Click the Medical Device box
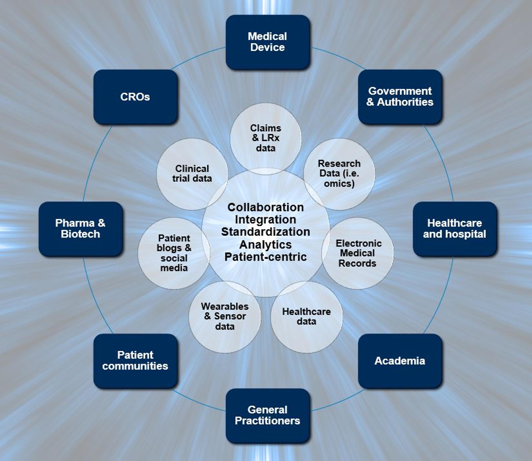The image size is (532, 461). click(x=267, y=42)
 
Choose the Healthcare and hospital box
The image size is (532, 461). click(x=455, y=229)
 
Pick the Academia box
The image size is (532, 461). click(x=400, y=361)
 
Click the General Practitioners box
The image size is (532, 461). click(x=267, y=415)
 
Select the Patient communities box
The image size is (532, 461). click(x=135, y=361)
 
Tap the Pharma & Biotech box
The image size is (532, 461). click(x=80, y=229)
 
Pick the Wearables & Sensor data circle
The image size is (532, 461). click(x=225, y=317)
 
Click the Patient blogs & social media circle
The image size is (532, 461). click(x=174, y=253)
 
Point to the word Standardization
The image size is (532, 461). click(x=266, y=232)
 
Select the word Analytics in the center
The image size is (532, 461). click(x=266, y=244)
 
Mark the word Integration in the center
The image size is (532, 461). click(x=266, y=220)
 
